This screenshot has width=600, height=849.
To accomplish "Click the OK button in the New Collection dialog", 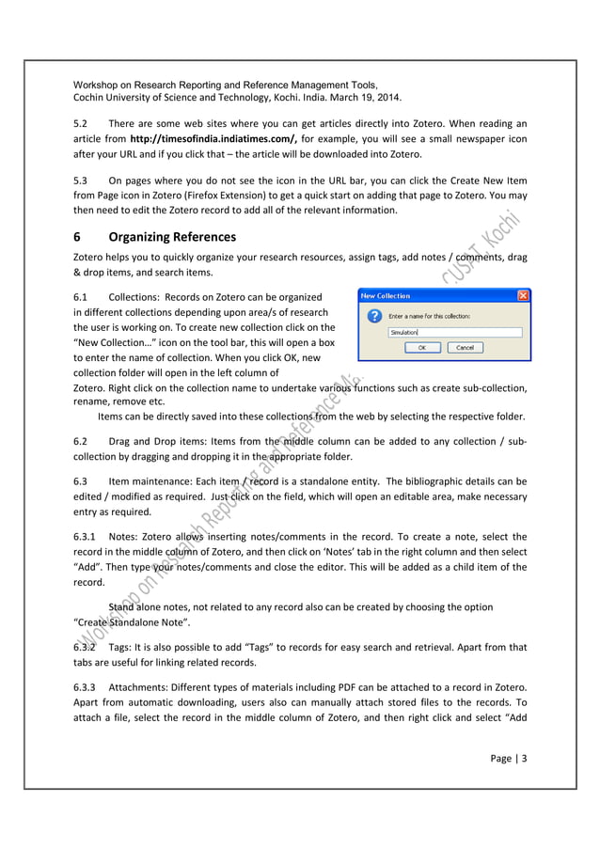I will pos(421,347).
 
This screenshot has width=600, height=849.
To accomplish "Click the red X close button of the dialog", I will pos(523,295).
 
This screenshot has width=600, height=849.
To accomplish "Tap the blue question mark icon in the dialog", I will pos(373,317).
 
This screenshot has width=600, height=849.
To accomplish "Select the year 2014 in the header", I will pos(385,98).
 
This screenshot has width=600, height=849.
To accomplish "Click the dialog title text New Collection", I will pos(387,295).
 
